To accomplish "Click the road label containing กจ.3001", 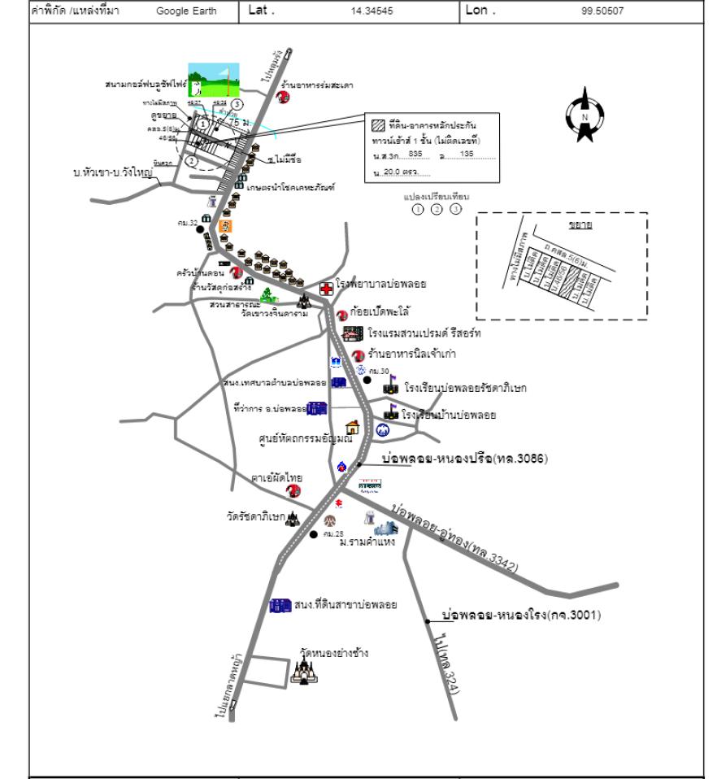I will click(520, 615).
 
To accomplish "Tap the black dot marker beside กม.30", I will click(367, 380).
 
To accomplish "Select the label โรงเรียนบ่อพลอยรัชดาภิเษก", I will click(465, 389).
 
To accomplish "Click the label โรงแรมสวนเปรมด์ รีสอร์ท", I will click(435, 333).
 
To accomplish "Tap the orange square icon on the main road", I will click(227, 225).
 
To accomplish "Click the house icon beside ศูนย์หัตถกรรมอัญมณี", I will click(352, 427).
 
